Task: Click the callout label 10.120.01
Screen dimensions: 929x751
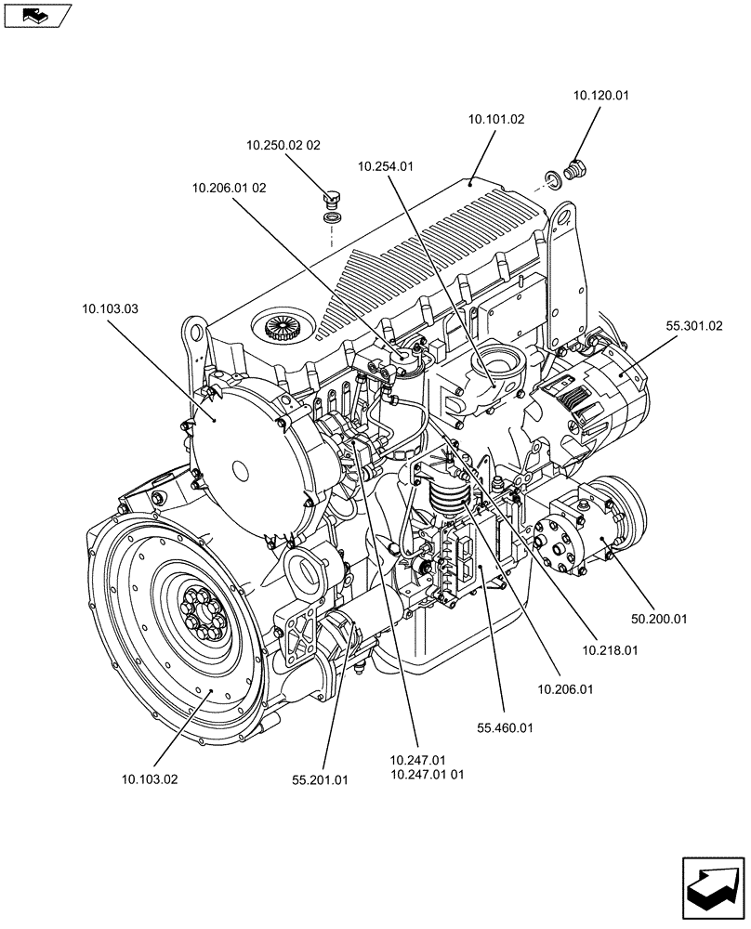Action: (x=601, y=95)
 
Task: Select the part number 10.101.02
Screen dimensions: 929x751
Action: (x=496, y=120)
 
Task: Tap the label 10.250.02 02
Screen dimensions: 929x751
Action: (x=283, y=145)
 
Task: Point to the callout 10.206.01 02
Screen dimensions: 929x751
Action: (x=230, y=188)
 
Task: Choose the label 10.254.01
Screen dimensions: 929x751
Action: (x=386, y=166)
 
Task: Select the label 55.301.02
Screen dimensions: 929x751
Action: (x=693, y=326)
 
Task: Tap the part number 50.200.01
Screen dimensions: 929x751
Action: (x=658, y=619)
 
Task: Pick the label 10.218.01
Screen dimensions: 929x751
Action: (x=610, y=651)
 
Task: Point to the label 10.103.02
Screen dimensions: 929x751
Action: (x=149, y=779)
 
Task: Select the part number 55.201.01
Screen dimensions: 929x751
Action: (x=319, y=780)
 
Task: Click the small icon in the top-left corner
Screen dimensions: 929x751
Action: (x=37, y=14)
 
